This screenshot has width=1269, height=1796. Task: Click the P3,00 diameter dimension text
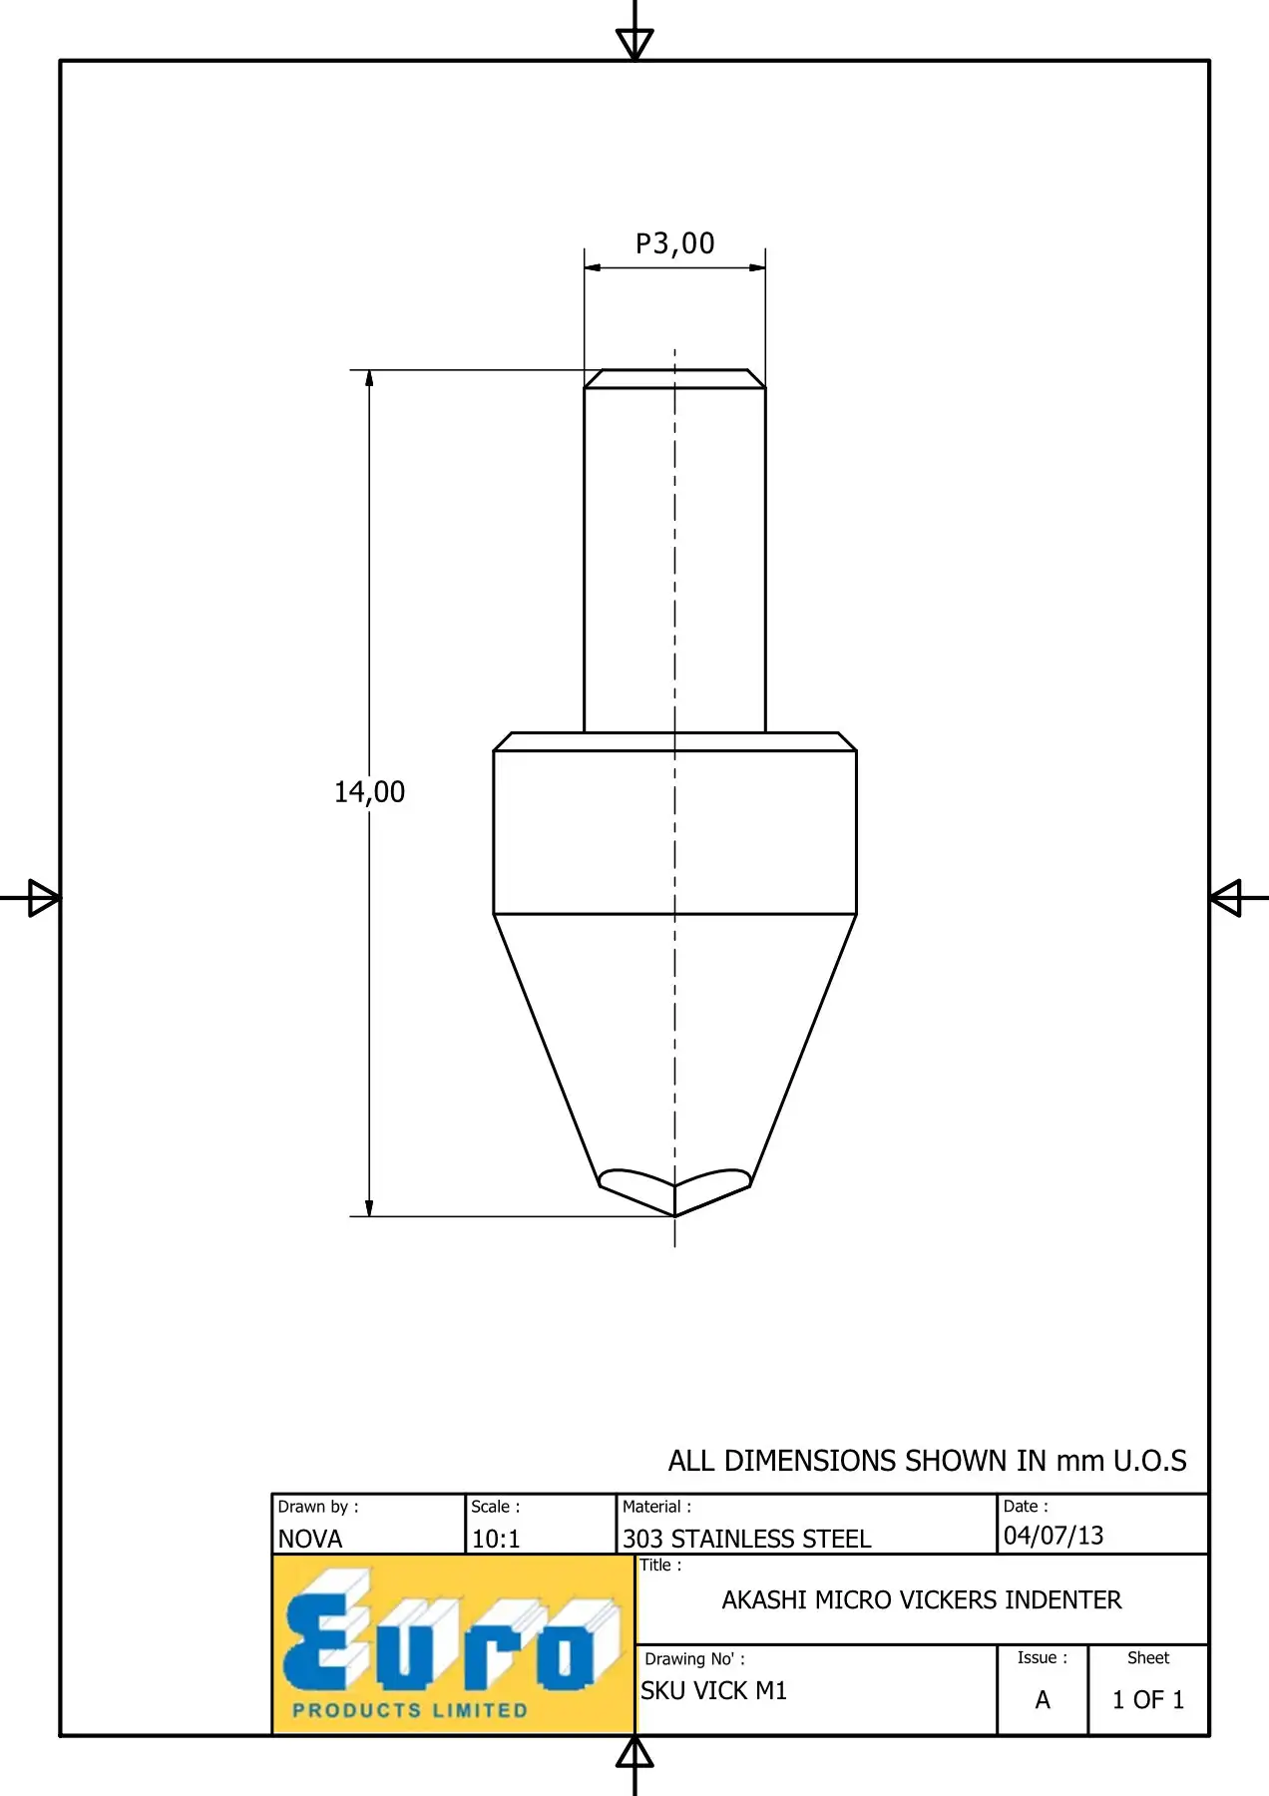coord(675,243)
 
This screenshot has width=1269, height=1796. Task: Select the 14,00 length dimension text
coord(369,792)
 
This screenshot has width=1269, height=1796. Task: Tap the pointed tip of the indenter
coord(675,1216)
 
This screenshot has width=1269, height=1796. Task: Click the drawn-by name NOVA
coord(310,1539)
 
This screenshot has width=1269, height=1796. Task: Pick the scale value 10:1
coord(496,1539)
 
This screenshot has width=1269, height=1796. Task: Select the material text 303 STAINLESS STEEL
coord(747,1539)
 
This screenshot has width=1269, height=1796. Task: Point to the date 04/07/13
coord(1054,1535)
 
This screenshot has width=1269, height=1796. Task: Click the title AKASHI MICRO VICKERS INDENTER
coord(922,1599)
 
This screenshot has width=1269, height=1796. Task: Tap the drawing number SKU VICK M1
coord(714,1690)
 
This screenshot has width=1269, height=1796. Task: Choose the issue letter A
coord(1043,1699)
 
